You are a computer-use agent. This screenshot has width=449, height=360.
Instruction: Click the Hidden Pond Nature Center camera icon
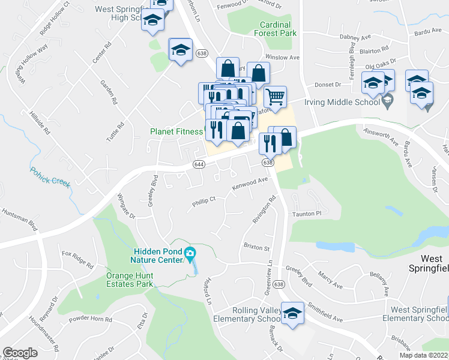(190, 254)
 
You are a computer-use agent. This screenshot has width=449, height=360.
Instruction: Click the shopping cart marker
(275, 96)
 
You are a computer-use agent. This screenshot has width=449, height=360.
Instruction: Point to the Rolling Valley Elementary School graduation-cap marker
(293, 313)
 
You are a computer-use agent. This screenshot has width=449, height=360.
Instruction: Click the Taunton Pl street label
(307, 213)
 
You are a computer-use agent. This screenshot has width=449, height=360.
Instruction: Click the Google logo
(20, 353)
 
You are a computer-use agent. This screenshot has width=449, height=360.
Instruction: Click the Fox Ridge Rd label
(78, 259)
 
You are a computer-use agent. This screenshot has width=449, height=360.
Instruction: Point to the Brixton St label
(257, 247)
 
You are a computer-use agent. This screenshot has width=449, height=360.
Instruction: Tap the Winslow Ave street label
(282, 58)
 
